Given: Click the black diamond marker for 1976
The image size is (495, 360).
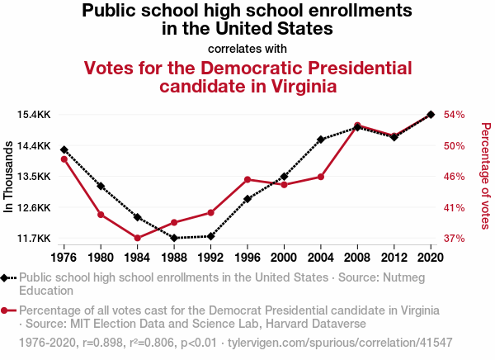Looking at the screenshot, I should point(64,149).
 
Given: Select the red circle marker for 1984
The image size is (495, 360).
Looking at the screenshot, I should point(137,238).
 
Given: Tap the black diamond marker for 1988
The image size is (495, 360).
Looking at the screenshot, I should point(174,238).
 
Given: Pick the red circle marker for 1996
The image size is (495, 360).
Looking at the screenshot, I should point(247,179).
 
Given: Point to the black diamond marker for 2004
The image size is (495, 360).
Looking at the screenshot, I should point(321,140).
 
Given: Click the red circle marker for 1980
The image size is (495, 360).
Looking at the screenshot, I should point(101,215).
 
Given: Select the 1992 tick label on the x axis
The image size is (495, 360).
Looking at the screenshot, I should point(211,257).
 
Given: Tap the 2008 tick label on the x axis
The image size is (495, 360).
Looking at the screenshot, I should point(357,257).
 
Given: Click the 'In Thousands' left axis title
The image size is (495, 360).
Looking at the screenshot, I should point(9,177).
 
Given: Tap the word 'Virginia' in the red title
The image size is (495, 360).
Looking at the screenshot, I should point(299,86).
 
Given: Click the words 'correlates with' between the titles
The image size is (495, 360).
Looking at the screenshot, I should point(247,47).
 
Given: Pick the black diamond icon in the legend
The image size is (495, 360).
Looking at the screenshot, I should point(7,277).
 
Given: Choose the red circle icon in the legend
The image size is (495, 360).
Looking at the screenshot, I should point(7,310).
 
